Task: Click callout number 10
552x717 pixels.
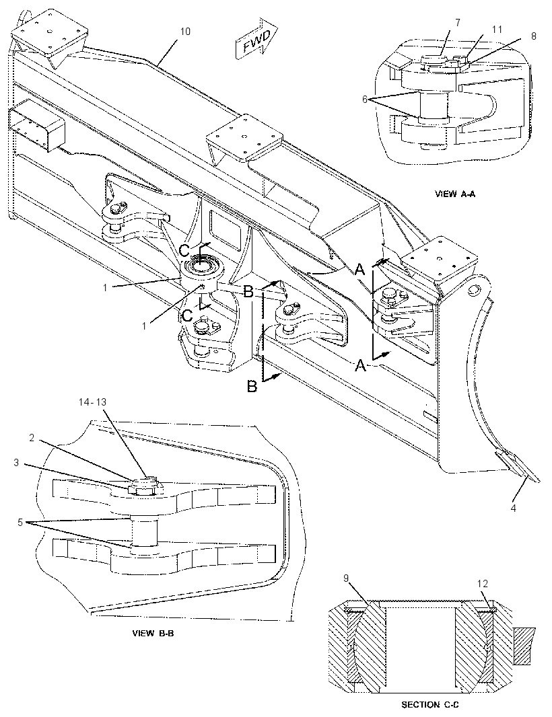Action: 185,31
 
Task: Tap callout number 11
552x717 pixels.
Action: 497,30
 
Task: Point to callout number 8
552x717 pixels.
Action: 534,36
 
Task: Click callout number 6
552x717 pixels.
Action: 365,99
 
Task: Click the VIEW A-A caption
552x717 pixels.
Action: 455,194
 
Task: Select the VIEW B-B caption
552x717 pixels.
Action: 153,634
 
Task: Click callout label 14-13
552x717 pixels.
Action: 92,402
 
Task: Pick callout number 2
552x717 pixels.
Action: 32,438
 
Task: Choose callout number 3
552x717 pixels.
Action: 16,463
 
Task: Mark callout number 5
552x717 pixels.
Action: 20,522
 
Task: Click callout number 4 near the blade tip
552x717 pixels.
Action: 513,508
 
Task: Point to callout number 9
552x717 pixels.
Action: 346,578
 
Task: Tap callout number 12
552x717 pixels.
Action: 483,583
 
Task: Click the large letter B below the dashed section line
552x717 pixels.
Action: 252,387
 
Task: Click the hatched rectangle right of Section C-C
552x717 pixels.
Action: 522,645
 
